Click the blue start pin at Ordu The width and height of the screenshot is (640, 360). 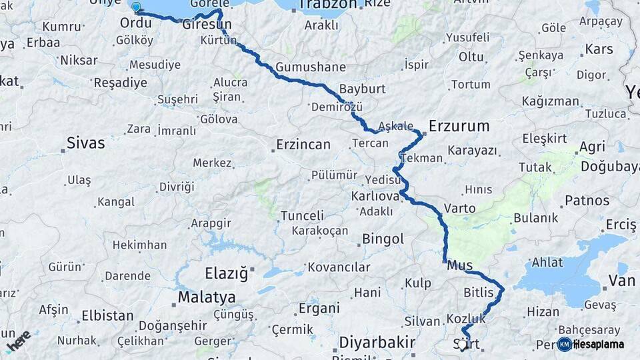point(136,7)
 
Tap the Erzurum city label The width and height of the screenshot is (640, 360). point(459,125)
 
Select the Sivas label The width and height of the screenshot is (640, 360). point(86,142)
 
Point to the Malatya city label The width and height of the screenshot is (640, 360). point(206,297)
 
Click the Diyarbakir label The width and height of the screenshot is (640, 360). point(373,342)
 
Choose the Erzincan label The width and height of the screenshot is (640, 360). point(304,144)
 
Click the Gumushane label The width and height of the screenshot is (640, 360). point(311,67)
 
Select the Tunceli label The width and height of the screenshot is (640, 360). point(302,216)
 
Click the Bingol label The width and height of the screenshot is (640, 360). point(383,239)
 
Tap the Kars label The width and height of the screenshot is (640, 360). point(599,49)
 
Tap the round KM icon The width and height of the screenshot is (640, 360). point(565,344)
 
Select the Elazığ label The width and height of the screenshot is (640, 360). point(225,273)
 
